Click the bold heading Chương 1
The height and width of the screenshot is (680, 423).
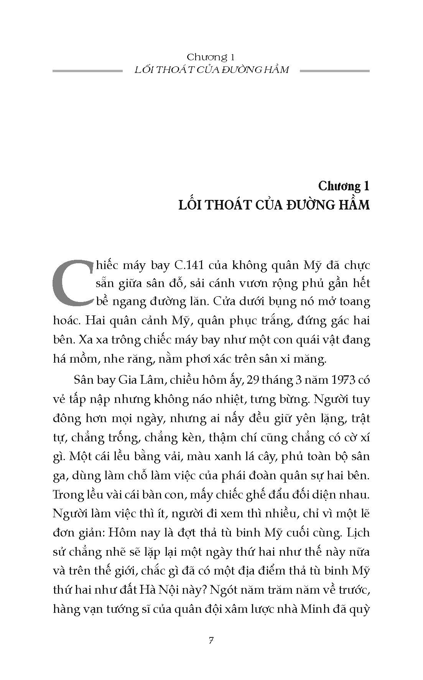(344, 187)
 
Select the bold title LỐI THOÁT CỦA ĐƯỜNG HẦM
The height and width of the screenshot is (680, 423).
(274, 205)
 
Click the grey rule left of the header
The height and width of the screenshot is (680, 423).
(85, 71)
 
